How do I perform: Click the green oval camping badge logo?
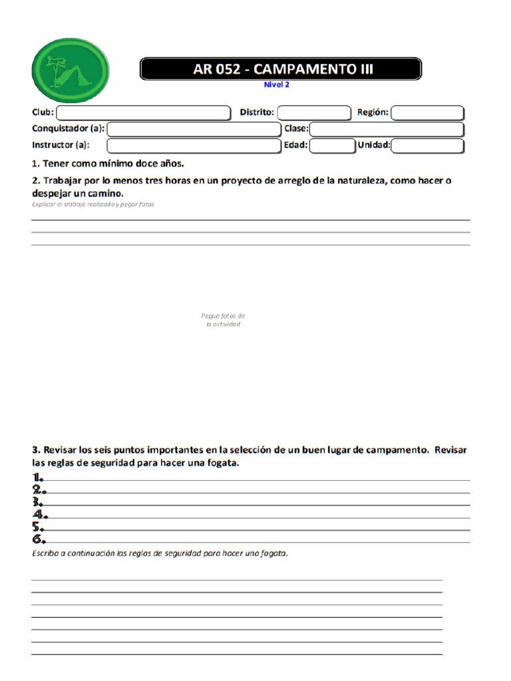(x=70, y=70)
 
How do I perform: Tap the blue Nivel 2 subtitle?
(x=277, y=84)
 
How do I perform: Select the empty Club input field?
(x=143, y=113)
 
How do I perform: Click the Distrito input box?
(x=313, y=113)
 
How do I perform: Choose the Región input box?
(x=427, y=113)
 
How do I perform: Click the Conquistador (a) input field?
(x=194, y=129)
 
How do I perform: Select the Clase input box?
(x=387, y=129)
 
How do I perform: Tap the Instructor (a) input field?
(x=194, y=146)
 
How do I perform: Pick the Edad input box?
(x=332, y=146)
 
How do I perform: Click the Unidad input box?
(x=427, y=146)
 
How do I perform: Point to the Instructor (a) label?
(x=61, y=145)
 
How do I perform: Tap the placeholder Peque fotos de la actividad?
(x=223, y=320)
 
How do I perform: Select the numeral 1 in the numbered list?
(x=38, y=477)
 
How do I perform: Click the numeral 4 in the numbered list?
(x=39, y=514)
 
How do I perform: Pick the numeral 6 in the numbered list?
(x=39, y=539)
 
